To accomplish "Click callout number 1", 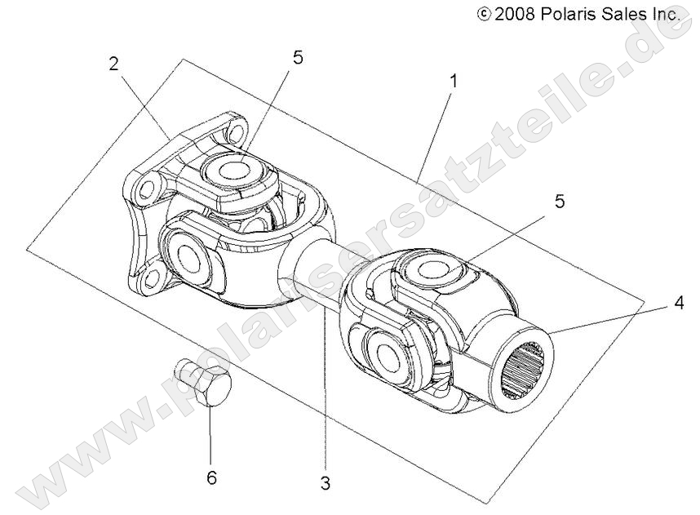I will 454,82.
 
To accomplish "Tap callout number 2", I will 115,64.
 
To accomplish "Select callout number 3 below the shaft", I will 326,483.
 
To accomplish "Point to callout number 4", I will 678,304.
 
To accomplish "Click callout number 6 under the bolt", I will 211,477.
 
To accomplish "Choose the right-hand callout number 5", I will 559,202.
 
